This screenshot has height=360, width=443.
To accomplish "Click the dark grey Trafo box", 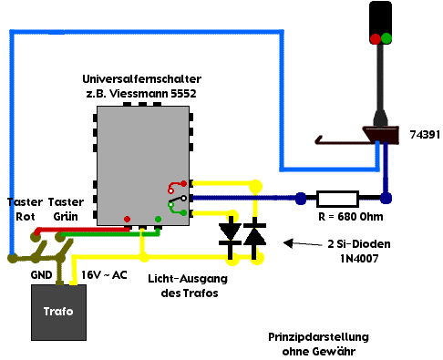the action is (x=58, y=313).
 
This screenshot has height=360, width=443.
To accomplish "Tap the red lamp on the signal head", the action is (x=376, y=38).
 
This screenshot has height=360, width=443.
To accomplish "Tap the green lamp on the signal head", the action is (x=386, y=38).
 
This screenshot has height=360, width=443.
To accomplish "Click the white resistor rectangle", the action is (x=337, y=199).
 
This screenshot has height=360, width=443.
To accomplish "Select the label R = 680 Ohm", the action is (x=351, y=217).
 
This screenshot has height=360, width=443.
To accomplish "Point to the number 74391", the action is (x=425, y=135).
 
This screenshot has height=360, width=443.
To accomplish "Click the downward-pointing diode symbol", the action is (x=231, y=237).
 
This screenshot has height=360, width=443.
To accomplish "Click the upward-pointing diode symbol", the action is (x=254, y=238).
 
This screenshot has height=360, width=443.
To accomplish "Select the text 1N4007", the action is (x=359, y=259).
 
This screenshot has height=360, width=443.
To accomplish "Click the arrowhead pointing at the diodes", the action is (x=288, y=242).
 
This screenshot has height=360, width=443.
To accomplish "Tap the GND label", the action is (x=41, y=275).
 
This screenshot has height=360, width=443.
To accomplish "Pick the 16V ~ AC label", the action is (x=104, y=275).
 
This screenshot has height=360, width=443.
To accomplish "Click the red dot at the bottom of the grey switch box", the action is (x=127, y=219).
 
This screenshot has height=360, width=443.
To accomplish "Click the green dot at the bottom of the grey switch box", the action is (x=158, y=219).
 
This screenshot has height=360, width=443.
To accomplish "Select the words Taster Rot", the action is (x=25, y=210).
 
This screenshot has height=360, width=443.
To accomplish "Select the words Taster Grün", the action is (x=66, y=210).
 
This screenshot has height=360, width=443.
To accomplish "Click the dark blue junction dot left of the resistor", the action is (x=301, y=199).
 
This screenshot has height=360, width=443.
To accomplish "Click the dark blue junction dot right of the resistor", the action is (x=386, y=198).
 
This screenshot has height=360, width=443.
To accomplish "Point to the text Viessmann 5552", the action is (x=153, y=94).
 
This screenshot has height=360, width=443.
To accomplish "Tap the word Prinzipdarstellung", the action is (x=318, y=337).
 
